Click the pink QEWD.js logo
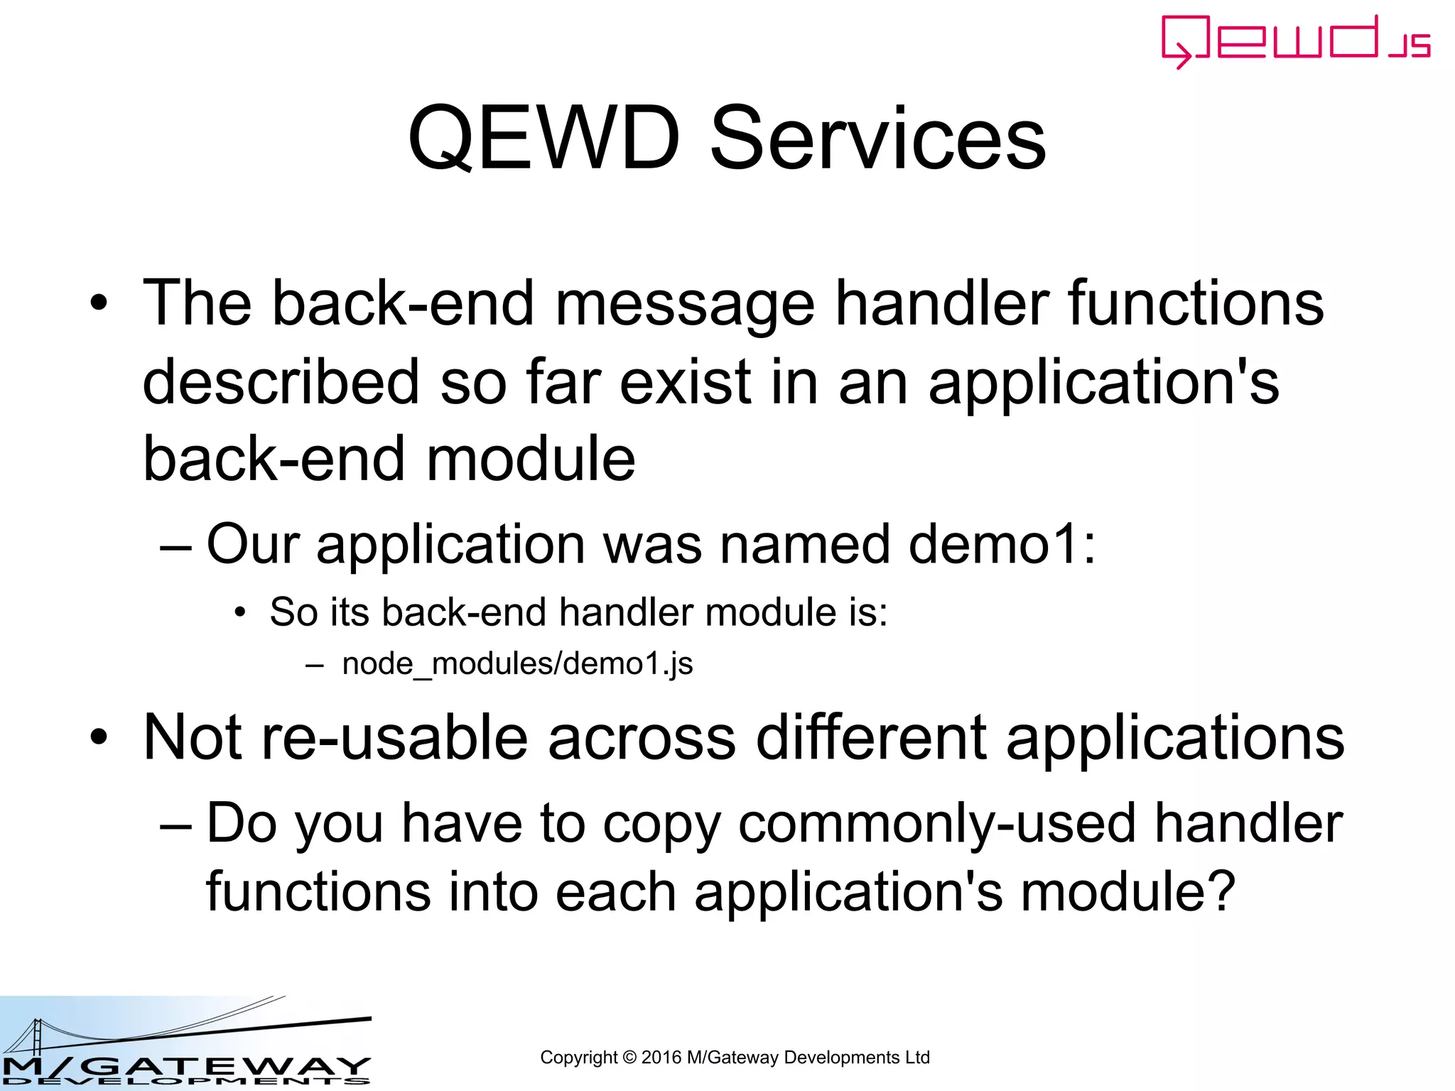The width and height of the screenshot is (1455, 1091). click(1295, 41)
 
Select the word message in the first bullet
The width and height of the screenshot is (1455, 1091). click(684, 304)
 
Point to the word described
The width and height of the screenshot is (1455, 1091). click(281, 382)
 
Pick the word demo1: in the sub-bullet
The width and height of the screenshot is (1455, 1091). click(1002, 544)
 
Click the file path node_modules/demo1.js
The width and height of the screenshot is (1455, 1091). click(517, 664)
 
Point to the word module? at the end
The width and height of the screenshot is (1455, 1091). click(1128, 892)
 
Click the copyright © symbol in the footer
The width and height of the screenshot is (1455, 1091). click(629, 1058)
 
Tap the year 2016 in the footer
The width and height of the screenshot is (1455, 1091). click(661, 1058)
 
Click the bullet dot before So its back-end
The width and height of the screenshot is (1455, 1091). click(241, 612)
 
